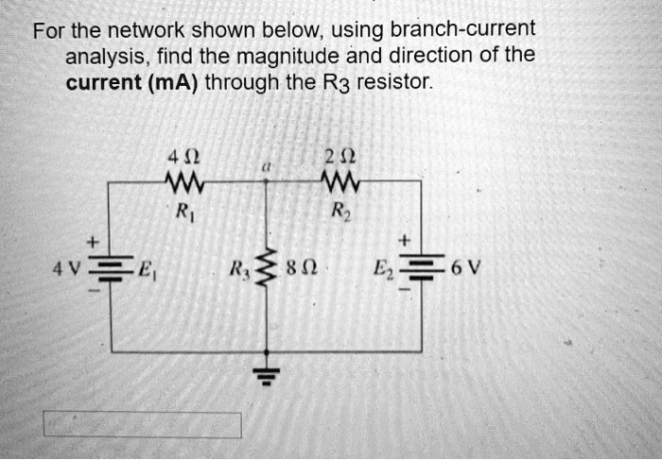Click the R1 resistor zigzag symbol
coord(182,179)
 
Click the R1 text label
coord(182,210)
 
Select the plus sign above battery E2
coord(408,243)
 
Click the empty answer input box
coord(141,425)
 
